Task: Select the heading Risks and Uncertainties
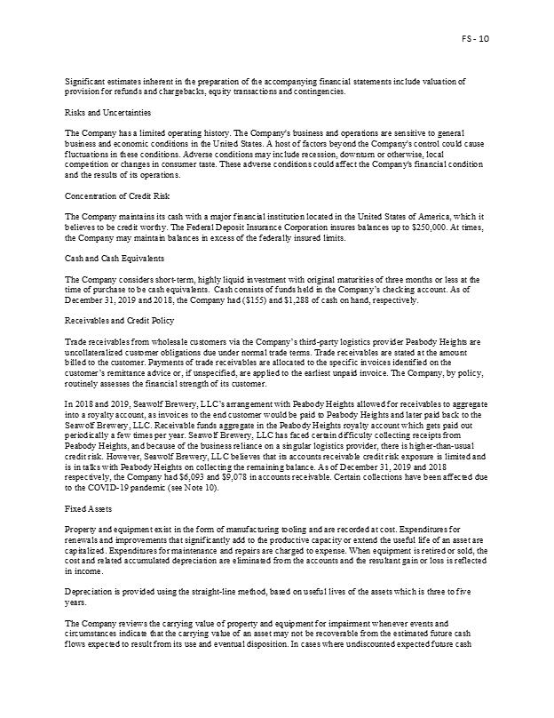(101, 113)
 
